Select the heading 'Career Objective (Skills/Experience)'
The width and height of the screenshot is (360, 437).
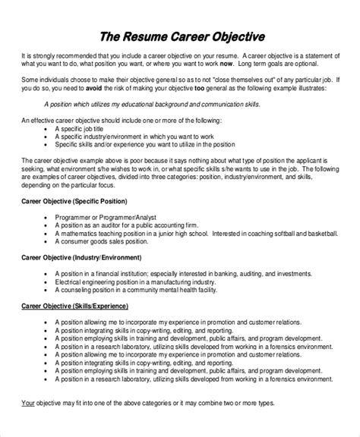pos(74,307)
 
